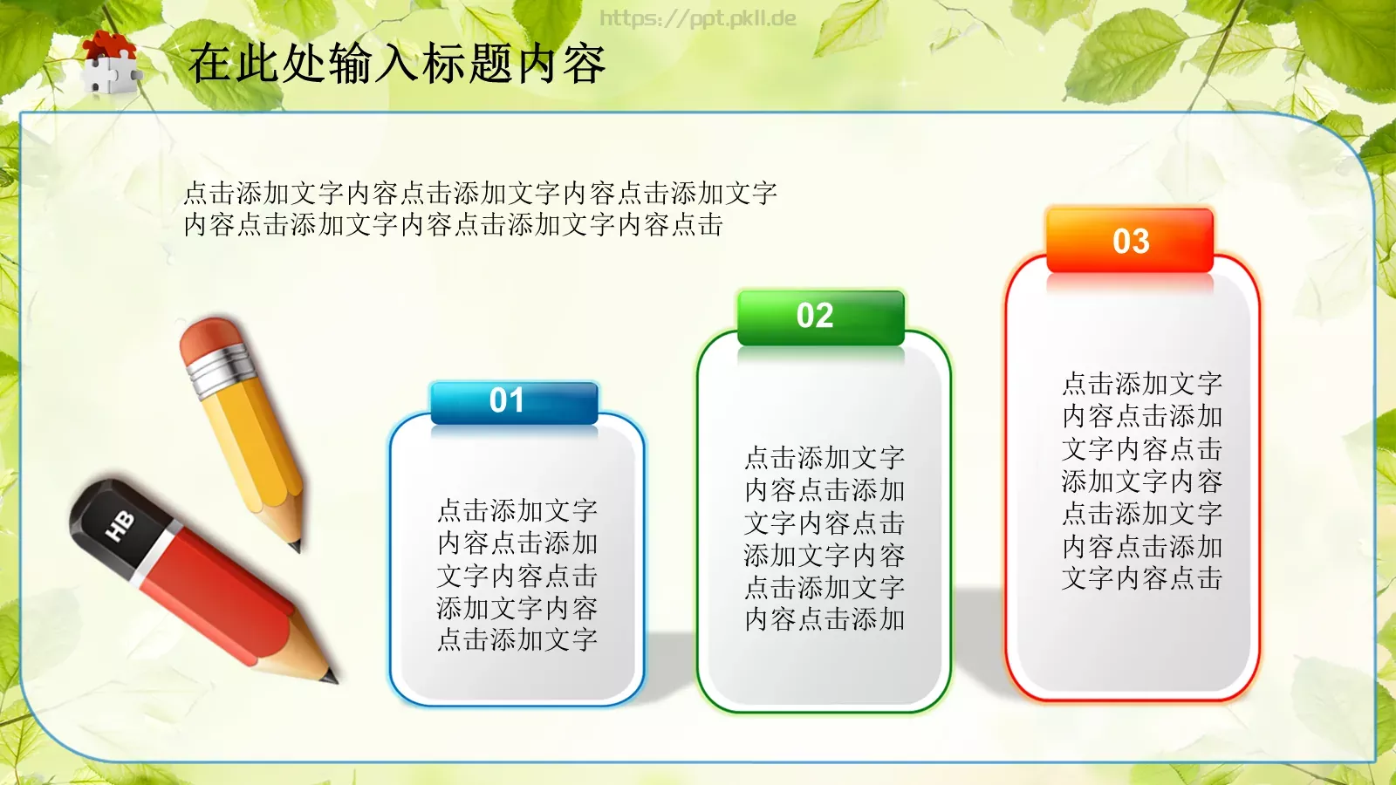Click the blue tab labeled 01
[x=514, y=402]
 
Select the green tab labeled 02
[x=820, y=317]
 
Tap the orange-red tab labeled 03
[x=1130, y=241]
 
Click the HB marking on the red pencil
[x=120, y=526]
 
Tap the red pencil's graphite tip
[x=329, y=676]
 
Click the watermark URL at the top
[x=697, y=18]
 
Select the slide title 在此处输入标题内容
[x=397, y=64]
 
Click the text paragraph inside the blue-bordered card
[x=517, y=575]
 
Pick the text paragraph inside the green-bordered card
[x=825, y=538]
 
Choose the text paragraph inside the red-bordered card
[x=1142, y=481]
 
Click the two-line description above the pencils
[x=480, y=208]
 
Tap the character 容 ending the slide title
[x=584, y=64]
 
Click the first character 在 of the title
[x=210, y=64]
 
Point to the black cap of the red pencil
[x=109, y=519]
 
